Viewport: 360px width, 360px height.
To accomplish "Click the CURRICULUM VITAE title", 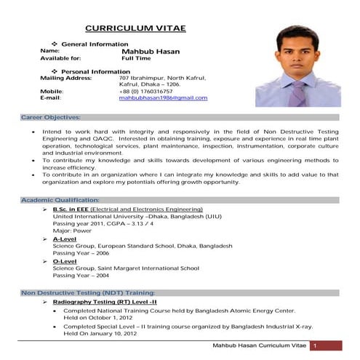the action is tap(136, 28).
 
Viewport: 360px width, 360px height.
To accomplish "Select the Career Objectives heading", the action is tap(51, 116).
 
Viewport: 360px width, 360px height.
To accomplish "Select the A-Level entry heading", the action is tap(65, 239).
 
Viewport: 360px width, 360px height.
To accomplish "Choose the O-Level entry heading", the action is tap(65, 261).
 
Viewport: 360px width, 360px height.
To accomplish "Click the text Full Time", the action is tap(135, 58).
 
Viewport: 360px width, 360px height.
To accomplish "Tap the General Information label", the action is tap(89, 44).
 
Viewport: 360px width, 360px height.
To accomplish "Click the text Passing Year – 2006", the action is tap(82, 253).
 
